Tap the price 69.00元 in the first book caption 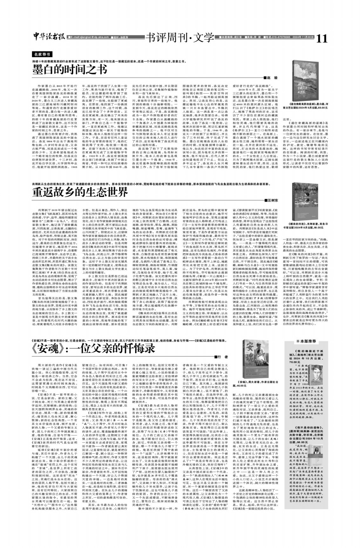[321, 108]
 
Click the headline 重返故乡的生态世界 [80, 192]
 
